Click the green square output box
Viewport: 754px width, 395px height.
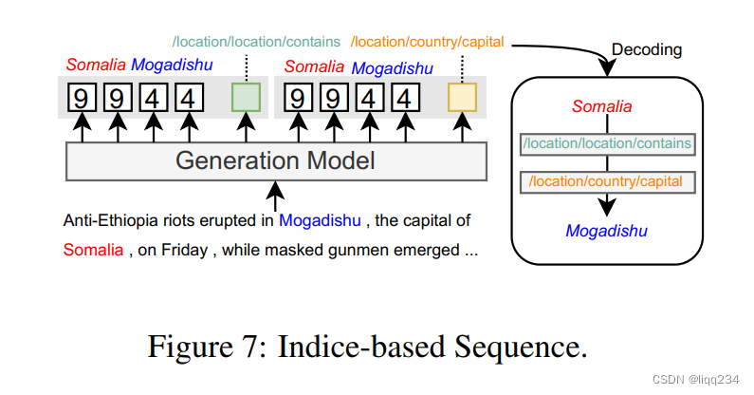tap(246, 98)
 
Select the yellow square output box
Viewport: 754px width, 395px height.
tap(462, 98)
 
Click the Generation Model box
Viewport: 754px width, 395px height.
tap(275, 160)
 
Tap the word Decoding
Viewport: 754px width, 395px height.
tap(647, 48)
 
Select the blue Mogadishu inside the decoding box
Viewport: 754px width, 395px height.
tap(606, 231)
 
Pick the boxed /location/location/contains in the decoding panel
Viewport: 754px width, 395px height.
tap(607, 144)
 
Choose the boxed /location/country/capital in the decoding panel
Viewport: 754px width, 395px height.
tap(607, 179)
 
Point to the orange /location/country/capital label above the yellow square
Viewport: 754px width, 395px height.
tap(427, 42)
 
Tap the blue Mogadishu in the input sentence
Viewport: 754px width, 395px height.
tap(320, 221)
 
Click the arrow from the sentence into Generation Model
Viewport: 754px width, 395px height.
tap(275, 196)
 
